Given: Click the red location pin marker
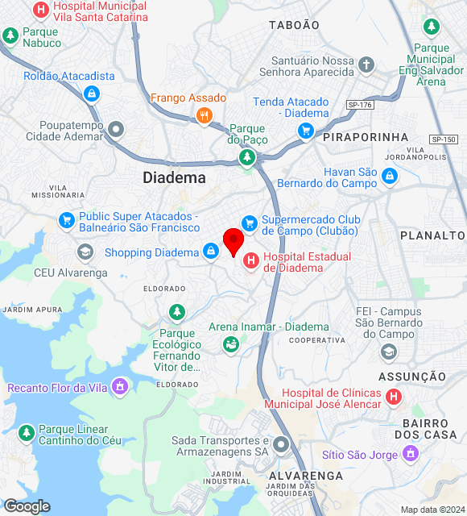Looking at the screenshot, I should (x=233, y=241).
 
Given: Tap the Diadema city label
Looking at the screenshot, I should (x=174, y=177).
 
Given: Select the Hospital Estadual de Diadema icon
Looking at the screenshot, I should (x=251, y=260).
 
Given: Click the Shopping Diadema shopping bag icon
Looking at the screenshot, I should (x=210, y=252).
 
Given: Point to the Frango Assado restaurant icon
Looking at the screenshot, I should (x=204, y=116).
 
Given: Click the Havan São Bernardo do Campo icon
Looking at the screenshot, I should (x=390, y=175).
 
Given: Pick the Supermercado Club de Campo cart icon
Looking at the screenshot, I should (x=250, y=223).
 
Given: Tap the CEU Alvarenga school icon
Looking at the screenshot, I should (x=85, y=252).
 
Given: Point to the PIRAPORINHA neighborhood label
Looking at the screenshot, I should (x=366, y=138).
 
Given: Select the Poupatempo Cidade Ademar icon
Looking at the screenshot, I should (x=117, y=128).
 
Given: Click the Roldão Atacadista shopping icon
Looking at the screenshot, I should (x=92, y=94).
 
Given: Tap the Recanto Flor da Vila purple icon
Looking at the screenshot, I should (x=120, y=388).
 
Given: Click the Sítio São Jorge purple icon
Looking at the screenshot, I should (x=410, y=455).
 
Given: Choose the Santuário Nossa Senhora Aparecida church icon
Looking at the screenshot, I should (x=366, y=64).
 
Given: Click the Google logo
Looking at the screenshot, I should (x=27, y=506).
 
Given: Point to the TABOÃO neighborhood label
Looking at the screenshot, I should (x=294, y=25).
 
